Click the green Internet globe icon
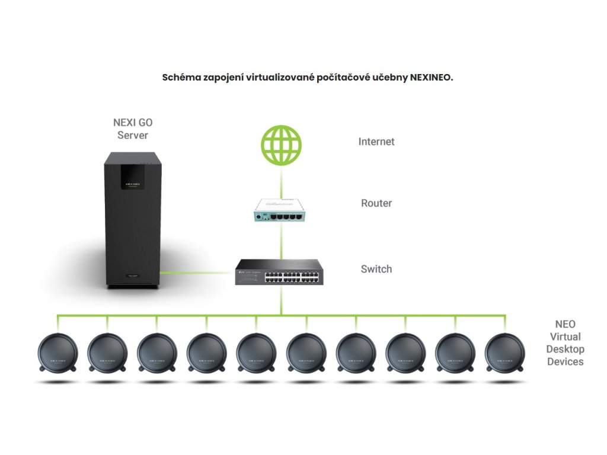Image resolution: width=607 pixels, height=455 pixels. tap(282, 146)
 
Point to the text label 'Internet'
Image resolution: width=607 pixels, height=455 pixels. tap(376, 142)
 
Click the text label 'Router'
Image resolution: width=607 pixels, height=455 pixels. tap(376, 203)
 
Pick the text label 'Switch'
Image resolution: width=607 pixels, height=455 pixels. tap(376, 269)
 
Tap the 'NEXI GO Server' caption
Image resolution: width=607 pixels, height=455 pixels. tap(132, 129)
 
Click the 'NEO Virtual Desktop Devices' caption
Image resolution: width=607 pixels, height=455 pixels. tap(565, 343)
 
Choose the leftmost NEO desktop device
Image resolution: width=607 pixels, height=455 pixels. tap(57, 354)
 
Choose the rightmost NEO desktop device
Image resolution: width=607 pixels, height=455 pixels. tap(505, 354)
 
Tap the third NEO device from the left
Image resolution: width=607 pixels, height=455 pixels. tap(157, 354)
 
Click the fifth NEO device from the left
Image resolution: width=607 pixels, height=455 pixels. tap(257, 354)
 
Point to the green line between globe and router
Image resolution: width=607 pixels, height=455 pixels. tap(282, 181)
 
